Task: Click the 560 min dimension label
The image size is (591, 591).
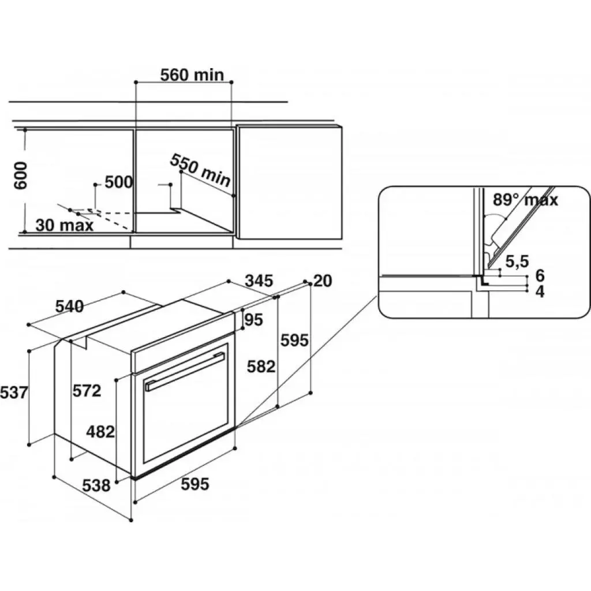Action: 192,75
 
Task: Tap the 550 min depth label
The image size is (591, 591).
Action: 200,170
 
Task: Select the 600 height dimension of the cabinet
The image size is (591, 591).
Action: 20,175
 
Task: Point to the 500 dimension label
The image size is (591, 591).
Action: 119,182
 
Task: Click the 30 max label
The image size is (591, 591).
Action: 65,225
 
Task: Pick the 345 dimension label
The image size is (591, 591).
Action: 259,281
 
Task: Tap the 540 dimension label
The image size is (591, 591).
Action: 70,306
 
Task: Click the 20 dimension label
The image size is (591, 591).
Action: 323,281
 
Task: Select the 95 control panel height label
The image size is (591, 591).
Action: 254,320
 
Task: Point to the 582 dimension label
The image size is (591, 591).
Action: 261,366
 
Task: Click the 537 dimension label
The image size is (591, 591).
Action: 14,392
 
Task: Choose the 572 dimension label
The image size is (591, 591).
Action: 87,391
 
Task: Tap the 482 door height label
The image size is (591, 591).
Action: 100,432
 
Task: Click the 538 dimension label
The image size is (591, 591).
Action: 96,485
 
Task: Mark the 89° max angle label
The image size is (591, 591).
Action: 525,199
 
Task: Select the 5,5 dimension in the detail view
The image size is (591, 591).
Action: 517,261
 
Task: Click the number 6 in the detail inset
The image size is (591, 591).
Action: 540,275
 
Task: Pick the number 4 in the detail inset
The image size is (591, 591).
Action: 540,291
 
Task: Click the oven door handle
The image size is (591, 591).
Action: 185,372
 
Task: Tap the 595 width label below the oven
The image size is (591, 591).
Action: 195,484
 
